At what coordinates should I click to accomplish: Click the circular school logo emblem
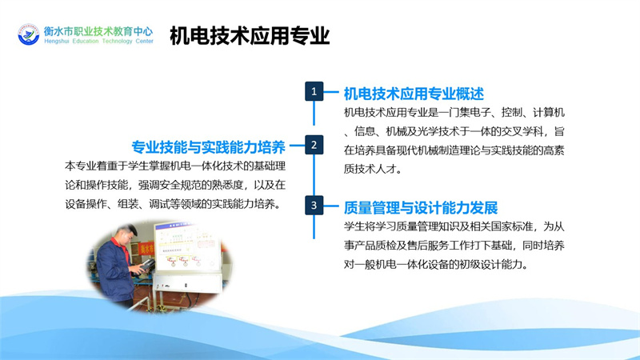click(x=29, y=34)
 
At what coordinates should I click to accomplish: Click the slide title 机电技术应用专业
click(x=250, y=35)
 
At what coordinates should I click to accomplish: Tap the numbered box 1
click(x=314, y=91)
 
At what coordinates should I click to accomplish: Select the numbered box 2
click(x=314, y=145)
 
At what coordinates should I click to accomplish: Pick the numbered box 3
click(x=314, y=205)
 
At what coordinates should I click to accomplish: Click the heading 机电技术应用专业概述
click(x=414, y=94)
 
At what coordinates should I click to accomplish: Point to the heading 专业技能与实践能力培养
click(x=208, y=147)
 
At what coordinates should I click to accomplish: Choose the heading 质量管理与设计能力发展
click(x=421, y=208)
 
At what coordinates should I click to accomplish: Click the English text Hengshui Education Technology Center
click(x=98, y=42)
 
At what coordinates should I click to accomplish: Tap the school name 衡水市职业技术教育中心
click(x=98, y=31)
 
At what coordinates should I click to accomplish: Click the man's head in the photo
click(x=125, y=235)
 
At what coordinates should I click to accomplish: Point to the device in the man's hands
click(x=146, y=266)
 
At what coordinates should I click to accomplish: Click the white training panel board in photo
click(x=186, y=246)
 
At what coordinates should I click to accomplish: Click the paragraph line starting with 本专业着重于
click(x=175, y=166)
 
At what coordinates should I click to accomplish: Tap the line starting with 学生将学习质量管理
click(x=454, y=226)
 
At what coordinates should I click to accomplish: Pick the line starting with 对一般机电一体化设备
click(x=436, y=265)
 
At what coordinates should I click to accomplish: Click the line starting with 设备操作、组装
click(x=174, y=204)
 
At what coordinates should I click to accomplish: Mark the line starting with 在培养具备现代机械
click(x=454, y=150)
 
